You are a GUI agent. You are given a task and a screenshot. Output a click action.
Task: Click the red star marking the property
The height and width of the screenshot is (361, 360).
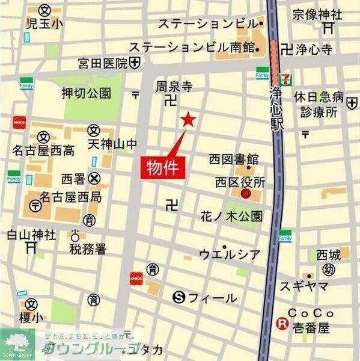click(188, 120)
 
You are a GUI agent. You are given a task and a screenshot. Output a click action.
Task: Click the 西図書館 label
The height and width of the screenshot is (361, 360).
click(234, 159)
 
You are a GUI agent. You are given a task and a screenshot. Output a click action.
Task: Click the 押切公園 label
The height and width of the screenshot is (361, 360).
click(87, 93)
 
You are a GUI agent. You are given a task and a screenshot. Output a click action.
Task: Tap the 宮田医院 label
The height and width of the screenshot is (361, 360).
click(103, 63)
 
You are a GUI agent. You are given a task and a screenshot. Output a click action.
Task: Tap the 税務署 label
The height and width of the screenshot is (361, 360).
click(88, 248)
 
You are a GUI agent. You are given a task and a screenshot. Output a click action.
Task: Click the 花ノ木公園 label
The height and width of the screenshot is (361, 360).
click(231, 217)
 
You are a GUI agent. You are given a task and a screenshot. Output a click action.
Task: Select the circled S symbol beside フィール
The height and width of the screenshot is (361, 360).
click(178, 296)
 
